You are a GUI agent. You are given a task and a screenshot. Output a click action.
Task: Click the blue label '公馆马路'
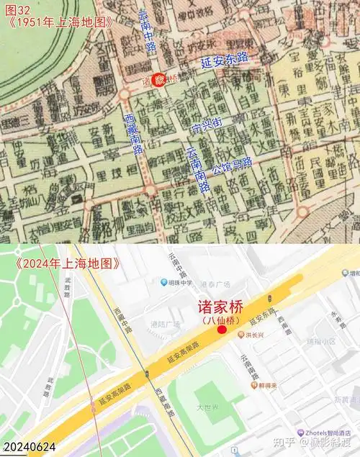tap(233, 166)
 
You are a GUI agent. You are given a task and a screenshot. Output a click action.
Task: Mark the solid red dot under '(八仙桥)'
tap(222, 330)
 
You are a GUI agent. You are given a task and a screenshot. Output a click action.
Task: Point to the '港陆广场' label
tap(166, 324)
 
